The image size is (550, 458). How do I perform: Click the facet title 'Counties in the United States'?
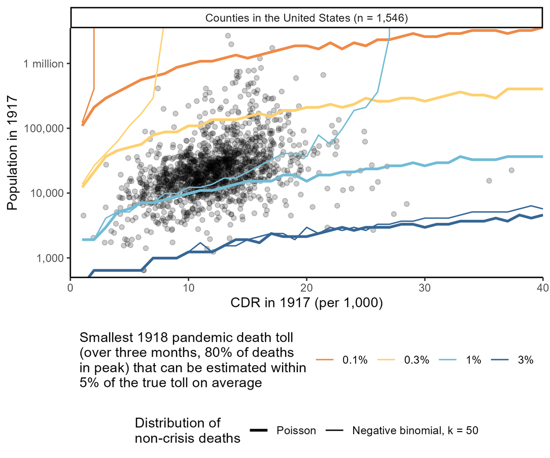click(306, 18)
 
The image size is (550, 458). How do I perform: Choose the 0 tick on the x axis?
click(71, 287)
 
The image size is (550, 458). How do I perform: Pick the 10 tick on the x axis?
click(188, 287)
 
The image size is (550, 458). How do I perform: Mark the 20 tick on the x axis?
click(306, 287)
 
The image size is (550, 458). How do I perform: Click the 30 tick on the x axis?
click(425, 287)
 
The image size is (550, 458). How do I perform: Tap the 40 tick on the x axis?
click(542, 287)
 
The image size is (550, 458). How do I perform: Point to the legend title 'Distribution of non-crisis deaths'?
click(187, 431)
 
